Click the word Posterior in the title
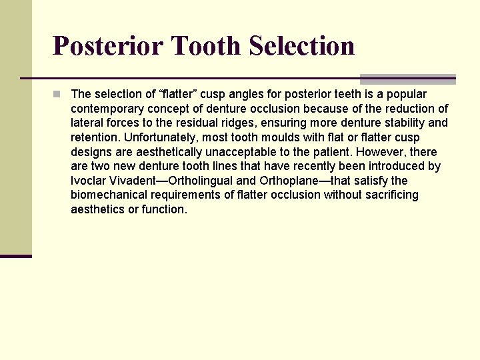coord(107,46)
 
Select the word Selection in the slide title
coord(301,46)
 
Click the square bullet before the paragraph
coord(59,94)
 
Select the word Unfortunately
coord(155,137)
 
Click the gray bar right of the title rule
coord(407,79)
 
